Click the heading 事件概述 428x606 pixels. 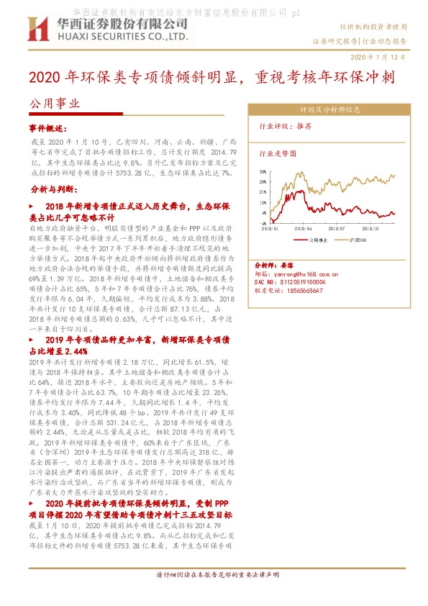coord(47,127)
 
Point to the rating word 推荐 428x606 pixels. coord(303,125)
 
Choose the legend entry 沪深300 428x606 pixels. coord(357,238)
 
